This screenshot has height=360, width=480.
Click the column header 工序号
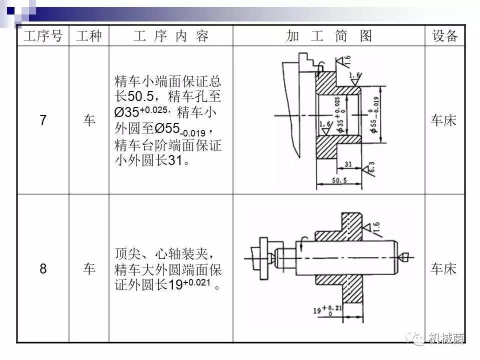click(x=43, y=36)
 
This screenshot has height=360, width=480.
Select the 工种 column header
click(x=89, y=36)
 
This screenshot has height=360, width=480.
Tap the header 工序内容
click(x=170, y=36)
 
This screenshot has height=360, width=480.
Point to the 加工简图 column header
click(x=329, y=36)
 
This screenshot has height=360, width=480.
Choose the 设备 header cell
click(x=444, y=36)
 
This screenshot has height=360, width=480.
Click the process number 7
click(x=43, y=120)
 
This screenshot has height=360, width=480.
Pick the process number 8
click(x=43, y=269)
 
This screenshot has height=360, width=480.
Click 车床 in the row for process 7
click(x=444, y=120)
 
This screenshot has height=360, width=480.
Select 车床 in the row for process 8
click(x=444, y=269)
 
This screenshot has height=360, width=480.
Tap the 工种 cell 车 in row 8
click(x=89, y=269)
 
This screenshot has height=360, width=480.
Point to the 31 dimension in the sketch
click(x=348, y=163)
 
